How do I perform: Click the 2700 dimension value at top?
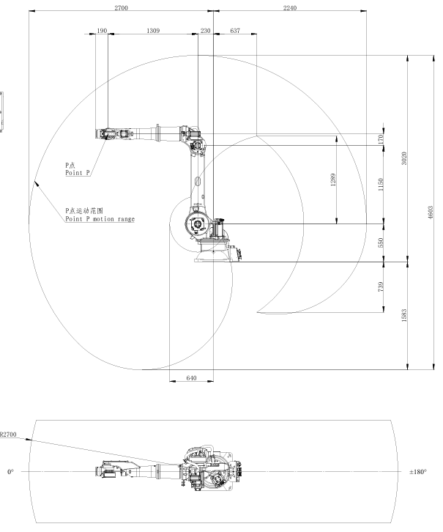tap(121, 8)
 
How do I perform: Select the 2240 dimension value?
tap(290, 8)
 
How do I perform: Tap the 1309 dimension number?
tap(153, 31)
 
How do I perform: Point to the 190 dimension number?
tap(102, 31)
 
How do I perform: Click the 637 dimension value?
tap(235, 31)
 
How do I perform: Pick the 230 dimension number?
tap(206, 31)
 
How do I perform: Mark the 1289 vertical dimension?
tap(333, 180)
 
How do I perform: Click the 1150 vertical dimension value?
tap(380, 184)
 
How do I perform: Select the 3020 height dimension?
tap(404, 158)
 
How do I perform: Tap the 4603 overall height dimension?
tap(431, 213)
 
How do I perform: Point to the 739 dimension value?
tap(380, 287)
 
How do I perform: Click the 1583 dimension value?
tap(404, 315)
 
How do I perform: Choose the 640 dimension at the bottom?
tap(191, 378)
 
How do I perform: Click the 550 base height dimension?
tap(380, 243)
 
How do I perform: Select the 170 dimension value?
tap(380, 138)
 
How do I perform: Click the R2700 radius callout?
tap(7, 435)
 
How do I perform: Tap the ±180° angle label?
tap(418, 472)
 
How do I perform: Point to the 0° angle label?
tap(10, 472)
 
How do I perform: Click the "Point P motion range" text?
tap(100, 219)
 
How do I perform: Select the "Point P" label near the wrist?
tap(78, 173)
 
